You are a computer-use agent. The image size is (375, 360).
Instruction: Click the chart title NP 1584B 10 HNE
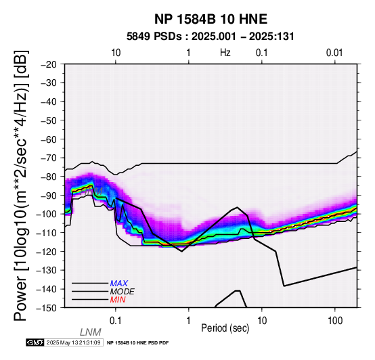click(x=211, y=19)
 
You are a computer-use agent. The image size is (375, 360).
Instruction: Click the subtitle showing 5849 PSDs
click(x=211, y=37)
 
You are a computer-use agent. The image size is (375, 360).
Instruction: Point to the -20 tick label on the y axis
click(x=49, y=64)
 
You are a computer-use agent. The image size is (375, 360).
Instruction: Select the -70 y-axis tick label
click(x=49, y=158)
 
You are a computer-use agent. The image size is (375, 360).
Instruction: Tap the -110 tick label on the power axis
click(x=47, y=232)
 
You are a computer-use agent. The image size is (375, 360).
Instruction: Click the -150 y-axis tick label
click(x=47, y=307)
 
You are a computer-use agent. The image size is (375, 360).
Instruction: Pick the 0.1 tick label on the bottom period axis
click(x=116, y=321)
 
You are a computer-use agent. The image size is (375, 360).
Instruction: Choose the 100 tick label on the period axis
click(x=335, y=321)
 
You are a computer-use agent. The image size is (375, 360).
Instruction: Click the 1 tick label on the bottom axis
click(x=189, y=321)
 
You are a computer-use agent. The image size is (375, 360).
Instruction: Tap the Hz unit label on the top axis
click(x=225, y=53)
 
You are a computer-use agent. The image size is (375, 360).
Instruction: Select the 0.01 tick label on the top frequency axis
click(x=334, y=53)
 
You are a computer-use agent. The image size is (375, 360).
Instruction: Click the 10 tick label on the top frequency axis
click(x=116, y=53)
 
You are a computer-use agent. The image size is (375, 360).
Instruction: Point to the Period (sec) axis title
click(x=225, y=328)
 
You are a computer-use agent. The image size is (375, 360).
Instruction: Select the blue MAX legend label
click(x=119, y=284)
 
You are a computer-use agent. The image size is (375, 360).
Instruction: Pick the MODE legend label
click(x=123, y=292)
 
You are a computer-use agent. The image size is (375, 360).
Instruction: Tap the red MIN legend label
click(x=118, y=300)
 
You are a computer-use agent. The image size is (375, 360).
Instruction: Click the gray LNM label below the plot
click(x=91, y=332)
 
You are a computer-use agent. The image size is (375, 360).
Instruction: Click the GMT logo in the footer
click(x=35, y=342)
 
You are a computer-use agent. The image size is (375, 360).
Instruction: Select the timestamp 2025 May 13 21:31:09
click(x=73, y=342)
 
